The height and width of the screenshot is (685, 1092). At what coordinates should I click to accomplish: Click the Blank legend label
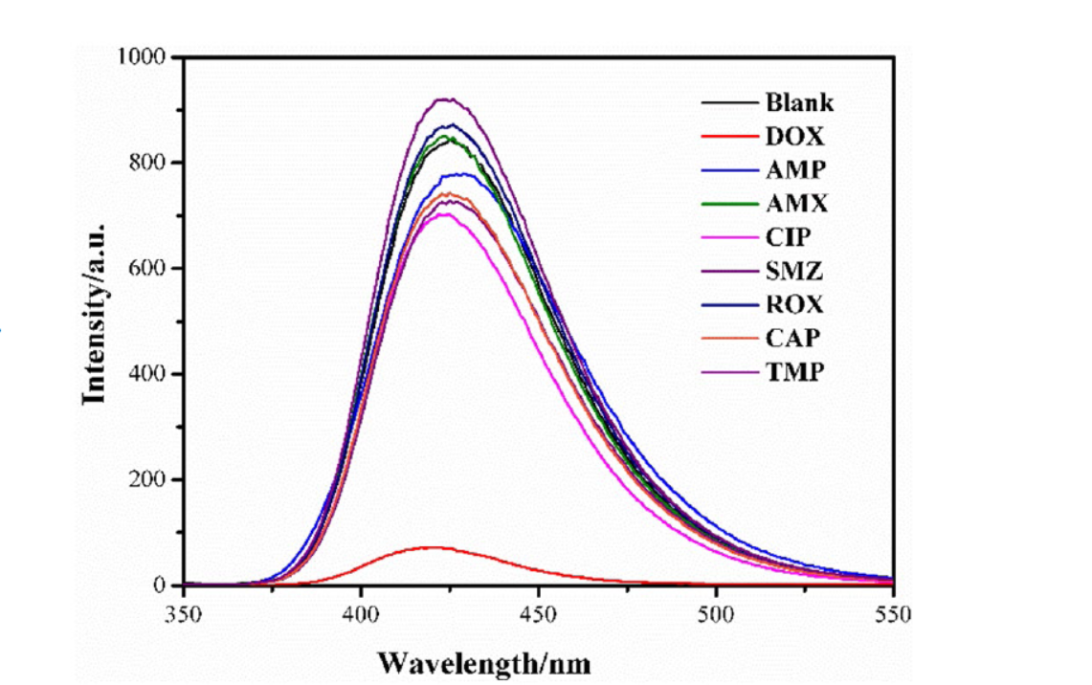click(799, 102)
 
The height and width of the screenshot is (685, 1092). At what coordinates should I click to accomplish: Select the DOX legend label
click(794, 137)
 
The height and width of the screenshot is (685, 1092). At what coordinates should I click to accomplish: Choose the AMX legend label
click(796, 204)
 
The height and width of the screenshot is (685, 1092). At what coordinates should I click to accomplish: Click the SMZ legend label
click(794, 271)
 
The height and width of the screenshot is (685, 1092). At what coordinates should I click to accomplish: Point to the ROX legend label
click(794, 304)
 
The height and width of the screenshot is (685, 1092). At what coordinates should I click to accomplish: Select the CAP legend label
click(793, 339)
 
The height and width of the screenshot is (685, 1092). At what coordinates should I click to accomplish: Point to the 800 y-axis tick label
click(149, 163)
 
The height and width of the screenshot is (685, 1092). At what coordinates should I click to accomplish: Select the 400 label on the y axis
click(149, 374)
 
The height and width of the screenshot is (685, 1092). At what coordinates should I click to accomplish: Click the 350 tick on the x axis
click(184, 613)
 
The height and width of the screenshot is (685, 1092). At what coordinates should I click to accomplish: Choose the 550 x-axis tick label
click(893, 613)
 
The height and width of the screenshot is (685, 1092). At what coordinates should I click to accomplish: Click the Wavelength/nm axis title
click(483, 662)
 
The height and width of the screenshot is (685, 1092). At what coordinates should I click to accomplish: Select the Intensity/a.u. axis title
click(94, 315)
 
